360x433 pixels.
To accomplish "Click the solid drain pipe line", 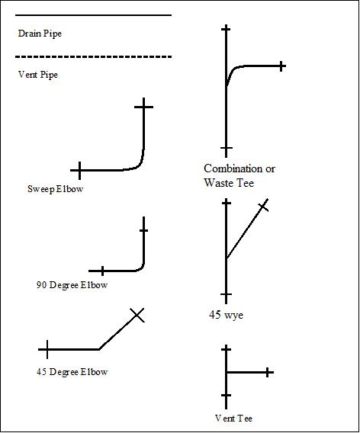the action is click(x=93, y=15).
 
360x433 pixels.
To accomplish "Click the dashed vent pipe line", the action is click(x=93, y=57).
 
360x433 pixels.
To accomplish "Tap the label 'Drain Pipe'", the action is click(x=40, y=34).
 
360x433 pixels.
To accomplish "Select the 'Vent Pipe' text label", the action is click(x=38, y=75).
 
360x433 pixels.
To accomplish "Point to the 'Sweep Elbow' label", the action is click(x=55, y=189).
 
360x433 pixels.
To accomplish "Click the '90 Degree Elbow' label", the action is click(x=72, y=285).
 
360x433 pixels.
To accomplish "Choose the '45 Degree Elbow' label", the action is click(x=72, y=372).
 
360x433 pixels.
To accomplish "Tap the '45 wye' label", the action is click(x=227, y=315).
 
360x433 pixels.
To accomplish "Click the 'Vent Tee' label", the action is click(x=233, y=419).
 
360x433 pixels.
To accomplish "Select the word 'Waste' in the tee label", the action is click(x=219, y=183).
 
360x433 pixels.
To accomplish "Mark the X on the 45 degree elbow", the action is click(x=137, y=315).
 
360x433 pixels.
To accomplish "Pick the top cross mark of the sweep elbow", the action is click(x=143, y=107).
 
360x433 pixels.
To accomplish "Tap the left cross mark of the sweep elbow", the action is click(x=79, y=171).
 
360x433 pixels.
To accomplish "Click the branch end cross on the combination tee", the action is click(x=281, y=66).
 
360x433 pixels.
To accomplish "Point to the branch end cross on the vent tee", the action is click(x=267, y=372).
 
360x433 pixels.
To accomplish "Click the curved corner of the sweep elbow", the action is click(x=140, y=164).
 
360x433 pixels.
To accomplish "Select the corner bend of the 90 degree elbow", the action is click(x=142, y=268).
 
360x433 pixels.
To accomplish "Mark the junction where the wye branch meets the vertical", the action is click(x=227, y=258).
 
